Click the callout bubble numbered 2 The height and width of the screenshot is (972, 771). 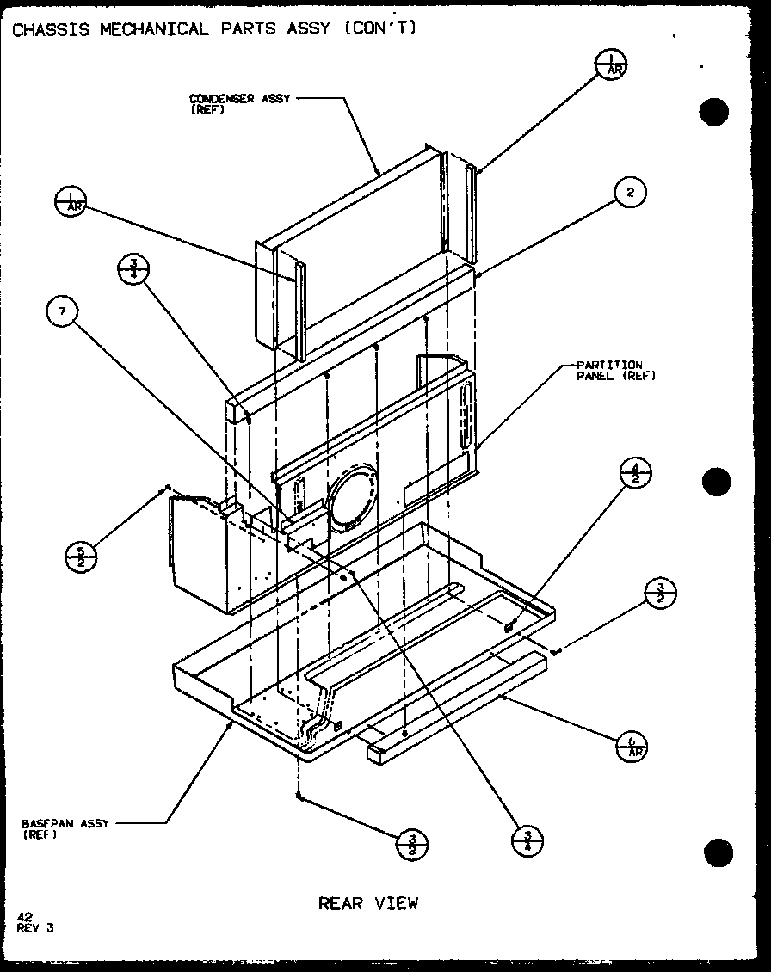click(631, 193)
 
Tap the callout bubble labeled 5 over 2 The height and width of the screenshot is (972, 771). click(82, 557)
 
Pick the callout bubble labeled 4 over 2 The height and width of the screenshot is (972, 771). click(636, 473)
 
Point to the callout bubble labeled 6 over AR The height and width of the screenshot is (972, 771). click(633, 744)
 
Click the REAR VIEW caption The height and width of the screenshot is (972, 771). click(368, 902)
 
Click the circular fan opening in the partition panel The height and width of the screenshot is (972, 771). click(351, 500)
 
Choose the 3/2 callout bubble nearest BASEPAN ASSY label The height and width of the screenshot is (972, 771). click(412, 845)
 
